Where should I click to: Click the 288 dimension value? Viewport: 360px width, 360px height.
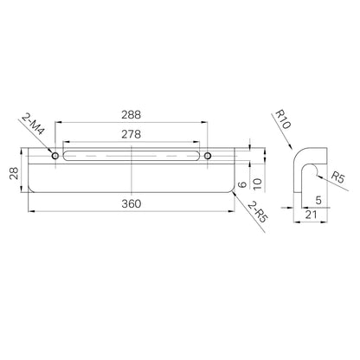coord(131,115)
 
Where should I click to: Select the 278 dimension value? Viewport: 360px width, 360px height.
coord(131,134)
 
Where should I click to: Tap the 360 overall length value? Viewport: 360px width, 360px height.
coord(132,204)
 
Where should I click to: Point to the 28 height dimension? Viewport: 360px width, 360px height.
coord(15,173)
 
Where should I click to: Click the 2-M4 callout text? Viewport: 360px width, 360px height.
coord(33,124)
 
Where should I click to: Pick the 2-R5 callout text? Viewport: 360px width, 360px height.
coord(257,212)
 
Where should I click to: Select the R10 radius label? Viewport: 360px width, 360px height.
coord(283,119)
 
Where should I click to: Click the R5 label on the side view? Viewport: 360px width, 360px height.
coord(337,177)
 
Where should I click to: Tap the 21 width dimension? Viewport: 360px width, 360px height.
coord(311,215)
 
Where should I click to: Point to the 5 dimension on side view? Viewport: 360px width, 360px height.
coord(318,200)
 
